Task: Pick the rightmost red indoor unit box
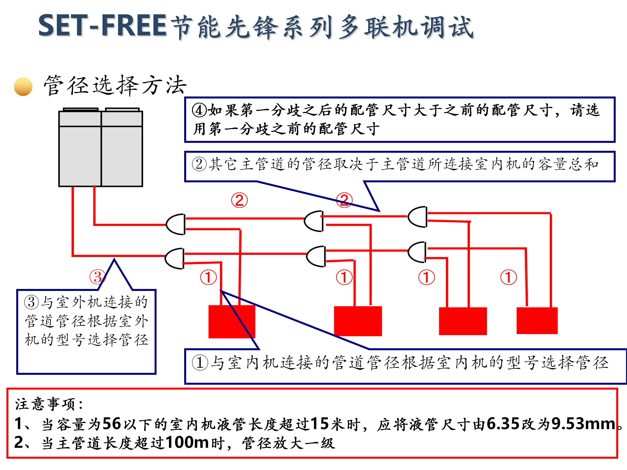click(x=537, y=321)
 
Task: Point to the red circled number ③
click(x=98, y=277)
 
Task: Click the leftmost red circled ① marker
click(x=208, y=277)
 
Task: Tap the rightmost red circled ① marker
click(x=508, y=277)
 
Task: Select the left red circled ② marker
click(x=239, y=200)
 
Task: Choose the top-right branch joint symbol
click(x=418, y=217)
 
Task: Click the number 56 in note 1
click(x=111, y=424)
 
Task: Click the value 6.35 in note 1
click(x=503, y=424)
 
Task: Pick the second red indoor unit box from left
click(x=358, y=321)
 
